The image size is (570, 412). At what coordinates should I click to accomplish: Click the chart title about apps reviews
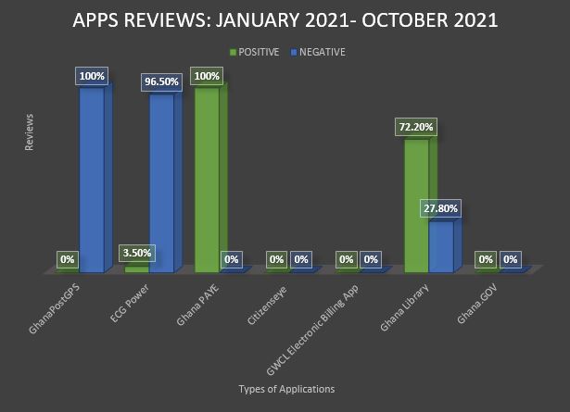(285, 20)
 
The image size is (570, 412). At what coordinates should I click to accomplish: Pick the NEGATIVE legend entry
(317, 52)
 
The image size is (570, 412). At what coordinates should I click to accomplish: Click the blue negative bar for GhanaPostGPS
(92, 176)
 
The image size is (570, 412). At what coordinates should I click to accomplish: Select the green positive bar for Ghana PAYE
(207, 176)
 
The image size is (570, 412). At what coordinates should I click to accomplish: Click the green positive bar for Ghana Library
(418, 204)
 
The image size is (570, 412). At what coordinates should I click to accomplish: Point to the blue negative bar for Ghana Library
(441, 245)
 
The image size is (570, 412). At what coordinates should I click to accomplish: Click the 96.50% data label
(162, 81)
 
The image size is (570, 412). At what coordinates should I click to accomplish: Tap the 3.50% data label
(136, 253)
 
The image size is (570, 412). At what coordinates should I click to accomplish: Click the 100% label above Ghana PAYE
(206, 76)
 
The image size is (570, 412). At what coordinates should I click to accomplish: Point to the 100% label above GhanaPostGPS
(91, 76)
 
